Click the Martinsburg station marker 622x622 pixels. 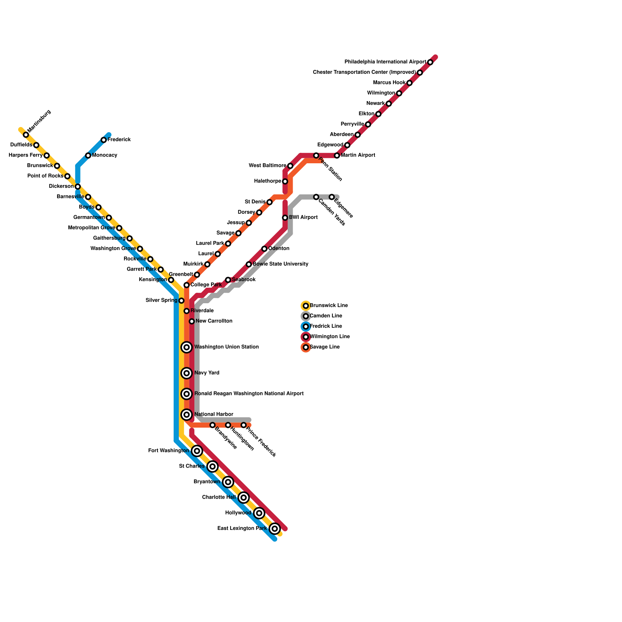point(26,135)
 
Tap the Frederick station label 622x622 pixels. point(119,140)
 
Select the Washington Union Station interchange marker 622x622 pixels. point(187,347)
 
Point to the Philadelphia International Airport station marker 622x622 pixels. point(430,62)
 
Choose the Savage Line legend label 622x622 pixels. point(325,347)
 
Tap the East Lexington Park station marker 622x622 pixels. point(275,529)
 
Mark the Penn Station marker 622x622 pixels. point(316,155)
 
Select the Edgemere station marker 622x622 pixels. point(332,197)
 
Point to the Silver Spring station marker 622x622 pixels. point(181,301)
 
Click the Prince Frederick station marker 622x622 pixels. point(243,425)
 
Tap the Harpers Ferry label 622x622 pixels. point(26,155)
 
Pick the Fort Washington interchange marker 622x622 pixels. point(197,451)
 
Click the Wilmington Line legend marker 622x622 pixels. point(306,337)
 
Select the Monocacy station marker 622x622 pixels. point(88,155)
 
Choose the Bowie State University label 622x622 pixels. point(280,264)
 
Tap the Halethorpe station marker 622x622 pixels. point(285,182)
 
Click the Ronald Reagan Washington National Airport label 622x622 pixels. point(249,394)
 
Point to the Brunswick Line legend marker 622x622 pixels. point(306,306)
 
